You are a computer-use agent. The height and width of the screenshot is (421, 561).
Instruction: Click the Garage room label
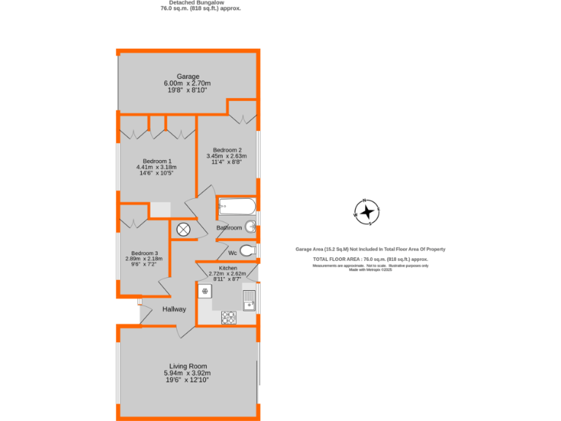187,77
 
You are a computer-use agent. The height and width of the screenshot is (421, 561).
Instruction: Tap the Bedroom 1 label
157,161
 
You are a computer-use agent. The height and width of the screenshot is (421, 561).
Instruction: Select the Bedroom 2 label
227,150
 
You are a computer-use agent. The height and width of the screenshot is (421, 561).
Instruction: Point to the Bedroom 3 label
144,253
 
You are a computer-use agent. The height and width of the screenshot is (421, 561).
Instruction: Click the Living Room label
188,366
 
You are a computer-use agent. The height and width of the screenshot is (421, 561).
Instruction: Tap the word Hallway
174,309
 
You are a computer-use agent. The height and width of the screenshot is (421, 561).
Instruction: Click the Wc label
232,252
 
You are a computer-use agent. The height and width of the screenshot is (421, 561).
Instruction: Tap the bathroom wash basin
250,226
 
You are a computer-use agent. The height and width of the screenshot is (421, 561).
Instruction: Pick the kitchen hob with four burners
229,317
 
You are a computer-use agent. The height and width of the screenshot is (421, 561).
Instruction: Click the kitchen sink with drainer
248,300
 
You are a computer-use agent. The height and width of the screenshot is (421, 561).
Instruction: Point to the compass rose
367,212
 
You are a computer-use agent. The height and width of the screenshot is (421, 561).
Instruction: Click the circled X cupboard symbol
183,229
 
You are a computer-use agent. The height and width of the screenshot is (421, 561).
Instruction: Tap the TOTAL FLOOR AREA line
370,259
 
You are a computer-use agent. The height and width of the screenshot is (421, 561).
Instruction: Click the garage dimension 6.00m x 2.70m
187,83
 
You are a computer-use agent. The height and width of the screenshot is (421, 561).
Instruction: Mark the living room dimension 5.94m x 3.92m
188,373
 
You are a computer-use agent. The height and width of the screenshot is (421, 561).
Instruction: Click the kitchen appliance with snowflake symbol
205,291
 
